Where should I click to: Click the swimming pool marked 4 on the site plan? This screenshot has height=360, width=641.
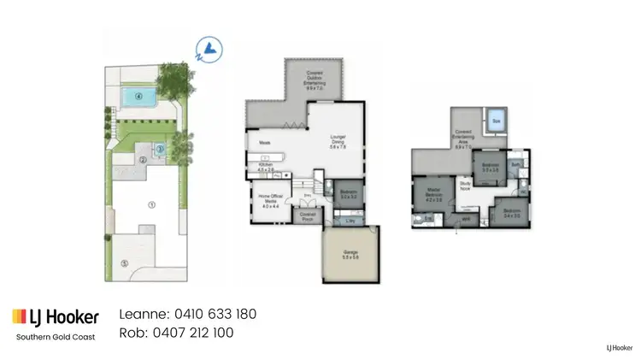click(x=137, y=96)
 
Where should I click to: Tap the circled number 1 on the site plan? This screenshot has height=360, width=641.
click(x=151, y=204)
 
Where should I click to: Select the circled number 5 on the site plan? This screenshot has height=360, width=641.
click(x=124, y=263)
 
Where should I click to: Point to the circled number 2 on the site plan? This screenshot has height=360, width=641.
click(x=144, y=159)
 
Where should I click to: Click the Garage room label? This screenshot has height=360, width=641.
click(x=350, y=253)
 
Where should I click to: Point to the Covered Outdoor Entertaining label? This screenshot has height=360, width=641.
click(x=315, y=82)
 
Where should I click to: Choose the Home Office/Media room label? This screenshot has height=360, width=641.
click(x=269, y=203)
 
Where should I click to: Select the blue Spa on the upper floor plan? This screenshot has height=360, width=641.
click(x=495, y=122)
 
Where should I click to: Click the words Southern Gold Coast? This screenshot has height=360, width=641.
click(x=56, y=336)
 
